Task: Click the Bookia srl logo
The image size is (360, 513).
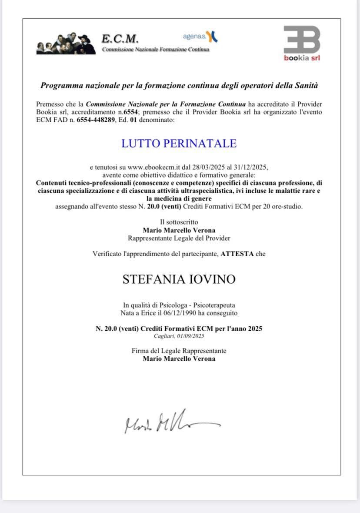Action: coord(302,43)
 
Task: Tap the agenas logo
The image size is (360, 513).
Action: coord(200,37)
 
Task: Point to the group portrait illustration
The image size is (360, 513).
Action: coord(66,43)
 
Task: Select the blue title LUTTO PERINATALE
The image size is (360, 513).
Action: coord(179,144)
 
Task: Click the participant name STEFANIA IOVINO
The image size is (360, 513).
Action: coord(179,279)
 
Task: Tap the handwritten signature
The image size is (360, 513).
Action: coord(171,421)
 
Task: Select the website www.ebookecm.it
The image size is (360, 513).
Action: coord(157,167)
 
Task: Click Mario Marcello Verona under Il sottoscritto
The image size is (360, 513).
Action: coord(179,230)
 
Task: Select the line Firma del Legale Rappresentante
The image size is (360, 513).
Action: coord(179,351)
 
